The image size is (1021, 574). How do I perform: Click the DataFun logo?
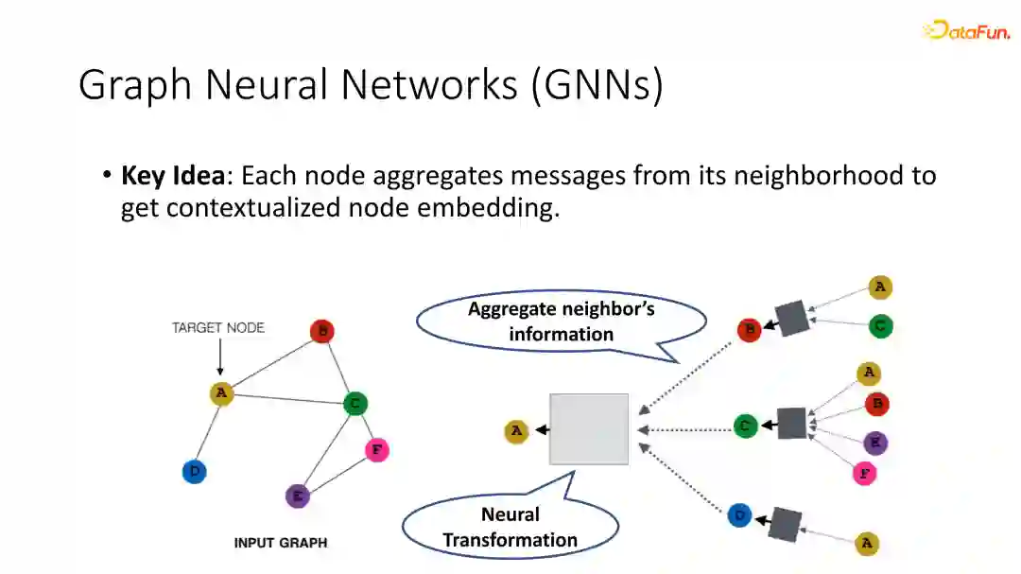pyautogui.click(x=965, y=30)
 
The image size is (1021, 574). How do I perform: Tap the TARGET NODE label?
pyautogui.click(x=218, y=328)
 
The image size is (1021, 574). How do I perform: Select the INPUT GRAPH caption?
pyautogui.click(x=281, y=543)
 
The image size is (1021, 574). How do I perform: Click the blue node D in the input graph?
pyautogui.click(x=194, y=471)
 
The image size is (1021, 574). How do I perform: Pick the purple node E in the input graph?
pyautogui.click(x=298, y=496)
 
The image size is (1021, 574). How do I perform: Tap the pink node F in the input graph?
pyautogui.click(x=376, y=450)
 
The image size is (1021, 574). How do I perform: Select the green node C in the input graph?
pyautogui.click(x=355, y=404)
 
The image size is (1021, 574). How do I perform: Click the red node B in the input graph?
pyautogui.click(x=322, y=332)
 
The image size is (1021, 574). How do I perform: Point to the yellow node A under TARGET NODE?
pyautogui.click(x=221, y=393)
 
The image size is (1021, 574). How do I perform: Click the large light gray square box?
pyautogui.click(x=589, y=428)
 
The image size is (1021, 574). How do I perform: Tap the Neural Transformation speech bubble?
pyautogui.click(x=510, y=527)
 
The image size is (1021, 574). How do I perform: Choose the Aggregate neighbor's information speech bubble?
pyautogui.click(x=562, y=322)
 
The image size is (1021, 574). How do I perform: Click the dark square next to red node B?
pyautogui.click(x=791, y=318)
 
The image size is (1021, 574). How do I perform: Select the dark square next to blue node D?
pyautogui.click(x=786, y=523)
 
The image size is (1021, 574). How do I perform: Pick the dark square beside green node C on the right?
pyautogui.click(x=791, y=424)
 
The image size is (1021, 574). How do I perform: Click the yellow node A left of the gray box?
pyautogui.click(x=516, y=432)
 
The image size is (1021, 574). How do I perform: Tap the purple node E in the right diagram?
pyautogui.click(x=875, y=443)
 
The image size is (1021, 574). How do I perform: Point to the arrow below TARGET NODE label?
pyautogui.click(x=219, y=359)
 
